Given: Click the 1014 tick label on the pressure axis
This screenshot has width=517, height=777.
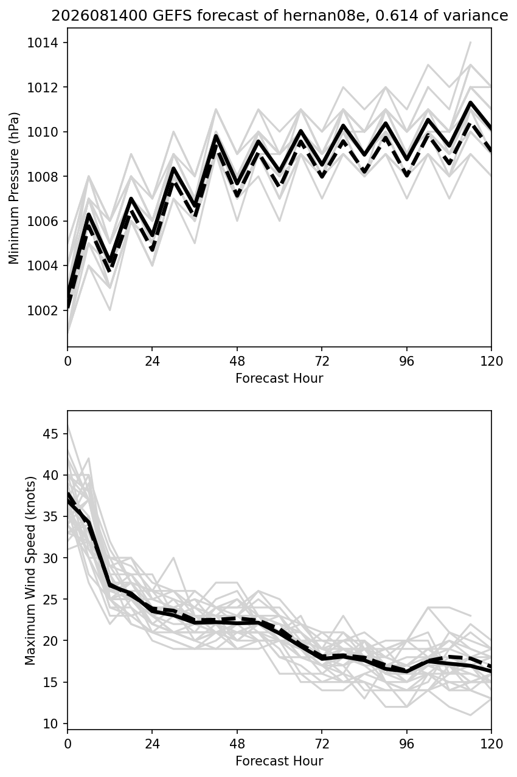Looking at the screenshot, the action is coord(43,43).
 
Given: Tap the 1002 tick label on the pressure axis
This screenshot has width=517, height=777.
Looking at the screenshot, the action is coord(43,310).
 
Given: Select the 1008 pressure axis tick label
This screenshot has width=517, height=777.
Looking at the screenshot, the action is coord(43,177).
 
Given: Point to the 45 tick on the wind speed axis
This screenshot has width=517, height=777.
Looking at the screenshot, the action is coord(50,434).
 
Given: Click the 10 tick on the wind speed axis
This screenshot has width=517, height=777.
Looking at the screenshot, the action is coord(50,724).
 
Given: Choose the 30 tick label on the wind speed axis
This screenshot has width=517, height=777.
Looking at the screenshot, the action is coord(50,558).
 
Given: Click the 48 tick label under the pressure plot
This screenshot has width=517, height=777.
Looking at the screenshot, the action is coord(237,361).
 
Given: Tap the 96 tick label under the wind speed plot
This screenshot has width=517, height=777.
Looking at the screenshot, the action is coord(406,744).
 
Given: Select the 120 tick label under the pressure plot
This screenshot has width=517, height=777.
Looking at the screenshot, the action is coord(491,361).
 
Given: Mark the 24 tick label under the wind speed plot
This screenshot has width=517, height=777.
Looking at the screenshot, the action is coord(153,744).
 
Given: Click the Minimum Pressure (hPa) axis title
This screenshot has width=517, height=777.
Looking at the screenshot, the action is coord(14,188).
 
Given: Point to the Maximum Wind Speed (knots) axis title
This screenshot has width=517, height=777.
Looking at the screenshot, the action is coord(30,570).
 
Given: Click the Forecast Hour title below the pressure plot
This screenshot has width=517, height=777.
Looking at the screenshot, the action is coord(279,378).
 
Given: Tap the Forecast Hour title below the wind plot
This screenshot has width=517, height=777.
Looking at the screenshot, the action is coord(279,761).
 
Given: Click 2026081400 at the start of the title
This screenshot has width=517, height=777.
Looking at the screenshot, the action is coord(99,16).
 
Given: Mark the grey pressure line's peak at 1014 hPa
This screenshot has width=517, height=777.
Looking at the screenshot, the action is coord(471,43).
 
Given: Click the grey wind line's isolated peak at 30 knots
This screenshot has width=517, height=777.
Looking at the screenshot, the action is coord(173,558).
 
